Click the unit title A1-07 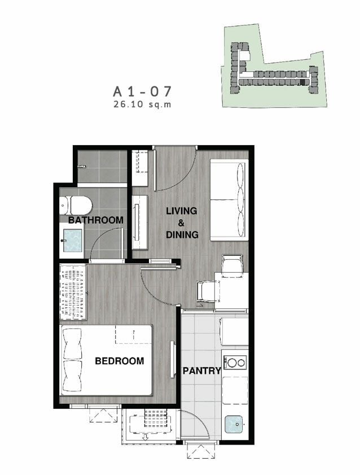(x=142, y=91)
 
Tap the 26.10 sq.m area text (x=142, y=104)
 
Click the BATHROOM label (x=96, y=220)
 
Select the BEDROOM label (x=120, y=361)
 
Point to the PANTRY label (x=202, y=371)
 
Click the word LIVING (x=182, y=211)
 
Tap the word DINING (x=182, y=234)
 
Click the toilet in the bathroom (x=76, y=206)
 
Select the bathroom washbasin (x=73, y=241)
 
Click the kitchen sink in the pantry (x=234, y=424)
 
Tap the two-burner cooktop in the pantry (x=235, y=363)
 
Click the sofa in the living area (x=229, y=200)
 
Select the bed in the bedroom (x=106, y=360)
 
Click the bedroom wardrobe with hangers (x=73, y=292)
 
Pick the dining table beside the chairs (x=231, y=290)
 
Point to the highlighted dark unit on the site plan (x=302, y=82)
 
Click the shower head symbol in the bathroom (x=82, y=166)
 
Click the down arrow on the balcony (x=146, y=437)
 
